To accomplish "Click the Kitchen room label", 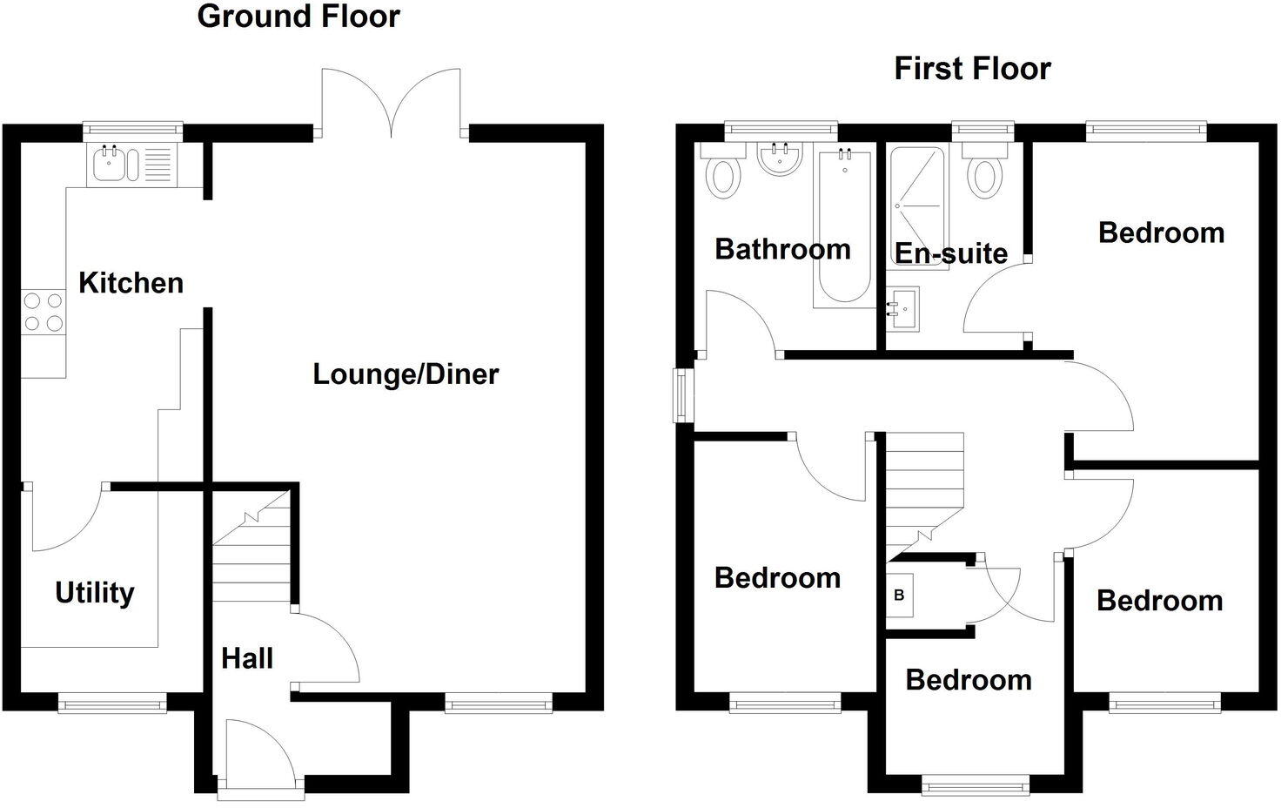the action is point(131,283).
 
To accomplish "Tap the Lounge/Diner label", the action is point(406,374).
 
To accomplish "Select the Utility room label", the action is point(95,593).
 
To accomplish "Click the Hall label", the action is point(247,658).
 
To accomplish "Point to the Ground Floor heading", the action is point(298,16).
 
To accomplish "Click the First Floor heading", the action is point(972,69).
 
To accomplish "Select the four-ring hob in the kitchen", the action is point(44,312).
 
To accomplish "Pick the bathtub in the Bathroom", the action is point(845,226).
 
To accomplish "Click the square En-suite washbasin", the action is point(903,309).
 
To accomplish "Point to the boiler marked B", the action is point(899,596).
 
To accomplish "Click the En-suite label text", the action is point(951,253).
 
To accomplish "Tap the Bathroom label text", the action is point(783,250).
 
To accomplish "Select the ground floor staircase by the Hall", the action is point(252,546).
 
